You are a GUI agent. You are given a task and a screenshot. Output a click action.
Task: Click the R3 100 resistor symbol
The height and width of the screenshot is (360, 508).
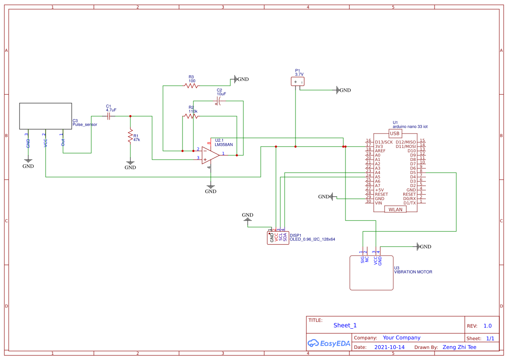click(191, 86)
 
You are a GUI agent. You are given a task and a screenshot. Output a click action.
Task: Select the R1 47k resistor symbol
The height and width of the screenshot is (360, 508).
click(130, 137)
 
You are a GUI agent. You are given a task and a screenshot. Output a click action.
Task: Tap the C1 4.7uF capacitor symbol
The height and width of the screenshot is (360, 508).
click(110, 116)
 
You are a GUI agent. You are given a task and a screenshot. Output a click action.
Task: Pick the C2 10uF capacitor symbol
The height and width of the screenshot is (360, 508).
click(219, 102)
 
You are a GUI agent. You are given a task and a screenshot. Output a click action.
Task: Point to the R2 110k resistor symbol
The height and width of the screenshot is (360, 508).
click(191, 116)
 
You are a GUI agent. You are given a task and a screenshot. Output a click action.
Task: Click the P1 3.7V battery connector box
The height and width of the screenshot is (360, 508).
click(298, 81)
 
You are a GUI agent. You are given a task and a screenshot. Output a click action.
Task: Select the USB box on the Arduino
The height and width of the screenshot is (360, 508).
click(395, 133)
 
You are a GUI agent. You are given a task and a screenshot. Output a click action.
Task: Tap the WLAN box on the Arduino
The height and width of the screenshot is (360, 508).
click(395, 209)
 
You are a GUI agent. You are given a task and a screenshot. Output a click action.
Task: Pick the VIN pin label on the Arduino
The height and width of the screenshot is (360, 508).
click(379, 203)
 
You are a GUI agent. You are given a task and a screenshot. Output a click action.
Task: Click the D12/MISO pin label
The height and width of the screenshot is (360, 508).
click(405, 142)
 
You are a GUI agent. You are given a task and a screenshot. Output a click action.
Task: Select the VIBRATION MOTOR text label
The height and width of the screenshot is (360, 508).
click(413, 272)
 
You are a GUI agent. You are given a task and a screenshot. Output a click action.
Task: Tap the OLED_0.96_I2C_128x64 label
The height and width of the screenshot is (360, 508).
click(312, 239)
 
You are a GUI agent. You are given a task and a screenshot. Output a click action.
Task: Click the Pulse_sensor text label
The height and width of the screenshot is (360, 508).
click(85, 124)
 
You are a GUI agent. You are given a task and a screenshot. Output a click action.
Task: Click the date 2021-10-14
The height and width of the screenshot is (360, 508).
click(389, 347)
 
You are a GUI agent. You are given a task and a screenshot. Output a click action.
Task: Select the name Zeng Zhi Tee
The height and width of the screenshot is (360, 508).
click(459, 347)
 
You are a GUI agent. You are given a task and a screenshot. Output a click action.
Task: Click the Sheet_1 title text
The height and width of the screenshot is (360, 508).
click(345, 325)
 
